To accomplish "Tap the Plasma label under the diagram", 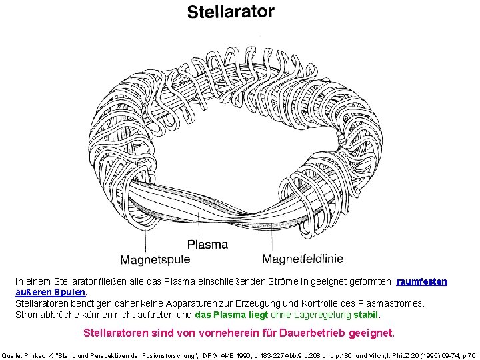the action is coord(207,244).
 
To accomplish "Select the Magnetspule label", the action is coord(155,259).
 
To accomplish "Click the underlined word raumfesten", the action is coord(421,282).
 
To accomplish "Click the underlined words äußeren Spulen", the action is coord(51,292).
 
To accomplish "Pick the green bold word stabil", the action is coord(366,314).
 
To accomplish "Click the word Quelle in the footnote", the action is coord(13,355).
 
